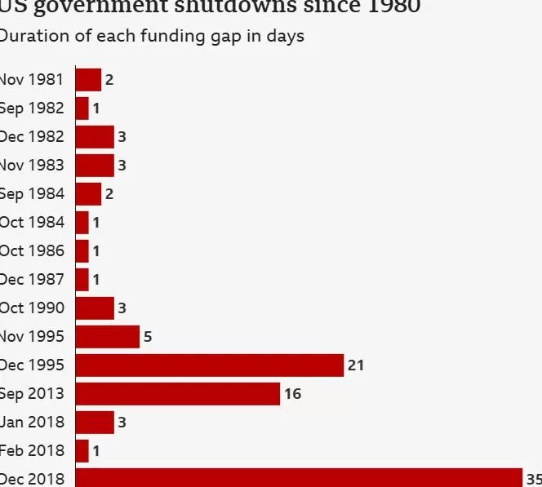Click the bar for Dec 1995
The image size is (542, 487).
pyautogui.click(x=210, y=365)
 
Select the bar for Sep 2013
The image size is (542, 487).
pyautogui.click(x=178, y=394)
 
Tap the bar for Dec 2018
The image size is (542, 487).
pyautogui.click(x=299, y=478)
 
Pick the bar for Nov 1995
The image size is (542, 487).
pyautogui.click(x=108, y=337)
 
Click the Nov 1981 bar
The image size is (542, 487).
pyautogui.click(x=88, y=80)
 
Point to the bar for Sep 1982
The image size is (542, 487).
pyautogui.click(x=82, y=108)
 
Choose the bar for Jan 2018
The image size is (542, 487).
pyautogui.click(x=95, y=423)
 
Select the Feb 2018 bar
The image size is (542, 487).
pyautogui.click(x=82, y=451)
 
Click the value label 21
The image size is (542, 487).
pyautogui.click(x=356, y=365)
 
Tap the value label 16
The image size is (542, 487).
pyautogui.click(x=292, y=394)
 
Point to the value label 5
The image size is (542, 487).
pyautogui.click(x=148, y=337)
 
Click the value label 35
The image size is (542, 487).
pyautogui.click(x=534, y=479)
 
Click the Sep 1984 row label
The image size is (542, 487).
pyautogui.click(x=32, y=194)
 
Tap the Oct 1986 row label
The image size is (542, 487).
pyautogui.click(x=32, y=251)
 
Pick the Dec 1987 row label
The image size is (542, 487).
pyautogui.click(x=32, y=280)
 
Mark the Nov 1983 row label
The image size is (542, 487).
pyautogui.click(x=32, y=166)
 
